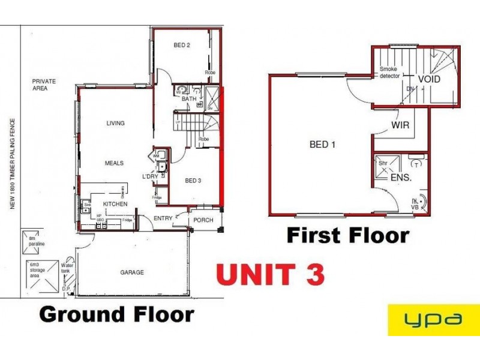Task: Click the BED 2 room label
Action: coord(182,45)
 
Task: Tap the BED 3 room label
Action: coord(193,181)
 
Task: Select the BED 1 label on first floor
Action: coord(319,145)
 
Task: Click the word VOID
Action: coord(429,79)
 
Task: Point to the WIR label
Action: coord(400,127)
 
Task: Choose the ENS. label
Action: coord(400,178)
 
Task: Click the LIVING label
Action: coord(115,124)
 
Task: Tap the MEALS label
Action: coord(114,163)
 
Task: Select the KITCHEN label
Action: coord(115,205)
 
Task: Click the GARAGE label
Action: coord(132,272)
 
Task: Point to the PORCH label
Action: coord(203,220)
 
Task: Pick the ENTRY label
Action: coord(163,218)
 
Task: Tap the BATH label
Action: coord(190,99)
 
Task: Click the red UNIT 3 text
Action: coord(271,274)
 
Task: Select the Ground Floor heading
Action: coord(116,314)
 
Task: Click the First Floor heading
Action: coord(348,235)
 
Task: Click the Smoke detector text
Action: coord(389,73)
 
